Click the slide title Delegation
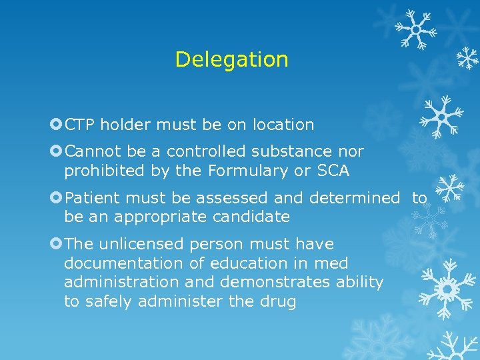[x=231, y=60]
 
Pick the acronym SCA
[x=333, y=171]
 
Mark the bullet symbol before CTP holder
[x=56, y=125]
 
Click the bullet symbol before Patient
[x=56, y=198]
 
